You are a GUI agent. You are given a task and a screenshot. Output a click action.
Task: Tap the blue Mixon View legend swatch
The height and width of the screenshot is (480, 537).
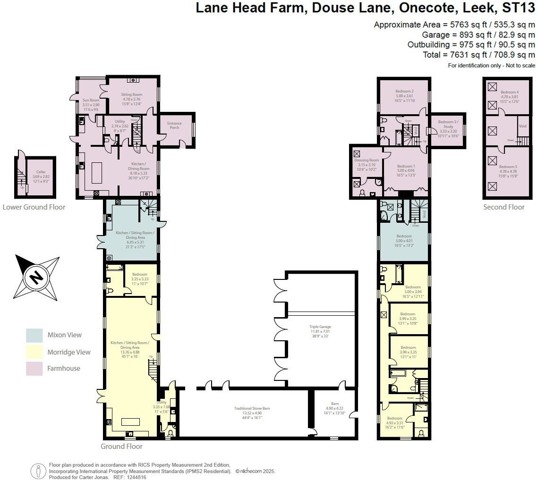tap(34, 335)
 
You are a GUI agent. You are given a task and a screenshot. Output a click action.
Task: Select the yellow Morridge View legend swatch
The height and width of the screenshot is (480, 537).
tap(34, 352)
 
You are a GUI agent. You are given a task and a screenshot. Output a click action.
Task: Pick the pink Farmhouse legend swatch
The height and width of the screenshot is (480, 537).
tap(34, 368)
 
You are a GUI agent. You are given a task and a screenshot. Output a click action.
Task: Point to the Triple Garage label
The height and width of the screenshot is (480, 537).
tap(320, 327)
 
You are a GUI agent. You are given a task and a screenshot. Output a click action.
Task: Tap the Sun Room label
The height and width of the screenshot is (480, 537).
tap(91, 100)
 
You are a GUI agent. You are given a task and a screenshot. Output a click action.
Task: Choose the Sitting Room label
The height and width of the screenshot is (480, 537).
tap(132, 94)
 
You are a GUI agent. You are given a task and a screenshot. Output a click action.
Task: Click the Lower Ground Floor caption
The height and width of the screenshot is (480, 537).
tap(34, 207)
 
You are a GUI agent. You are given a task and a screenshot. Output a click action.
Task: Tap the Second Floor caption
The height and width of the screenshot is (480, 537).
tap(503, 207)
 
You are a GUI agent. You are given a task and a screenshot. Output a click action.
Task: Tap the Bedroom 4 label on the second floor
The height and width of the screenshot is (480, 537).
tap(509, 92)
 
